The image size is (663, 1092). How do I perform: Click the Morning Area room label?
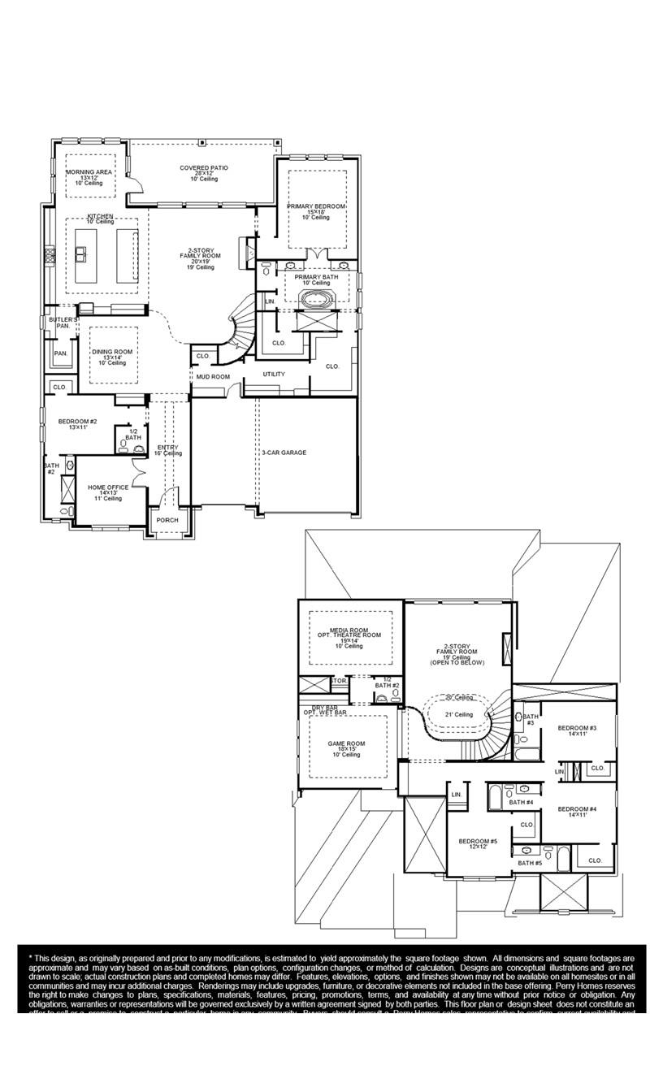[89, 172]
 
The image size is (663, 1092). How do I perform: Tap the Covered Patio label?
[204, 168]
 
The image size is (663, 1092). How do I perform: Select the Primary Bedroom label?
[315, 207]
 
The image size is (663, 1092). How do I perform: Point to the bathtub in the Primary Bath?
[316, 299]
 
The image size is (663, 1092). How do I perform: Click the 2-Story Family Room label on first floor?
[200, 255]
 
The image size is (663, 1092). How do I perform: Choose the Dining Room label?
[112, 352]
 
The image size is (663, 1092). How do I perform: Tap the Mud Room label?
[213, 377]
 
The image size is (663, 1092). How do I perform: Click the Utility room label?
[274, 375]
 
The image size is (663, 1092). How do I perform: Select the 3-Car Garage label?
[284, 453]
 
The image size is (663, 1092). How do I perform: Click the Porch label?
[167, 520]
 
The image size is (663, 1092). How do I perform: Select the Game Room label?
[346, 743]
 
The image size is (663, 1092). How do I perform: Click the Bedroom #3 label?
[577, 728]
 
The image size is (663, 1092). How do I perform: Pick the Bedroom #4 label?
[577, 809]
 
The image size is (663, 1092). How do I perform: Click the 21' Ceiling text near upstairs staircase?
[458, 715]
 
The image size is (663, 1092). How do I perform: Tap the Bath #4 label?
[521, 803]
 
